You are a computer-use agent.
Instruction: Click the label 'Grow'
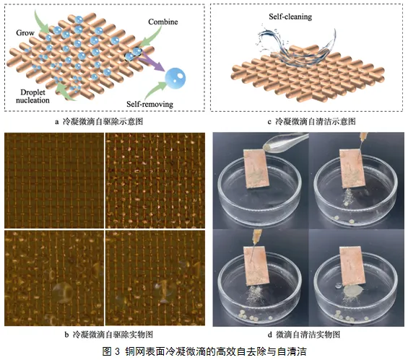point(25,32)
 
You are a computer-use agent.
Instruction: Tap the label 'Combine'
point(163,22)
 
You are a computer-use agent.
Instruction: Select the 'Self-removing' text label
point(150,104)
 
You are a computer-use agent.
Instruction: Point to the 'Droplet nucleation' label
point(32,96)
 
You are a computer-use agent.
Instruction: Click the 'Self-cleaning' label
point(290,17)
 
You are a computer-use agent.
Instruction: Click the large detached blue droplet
point(175,78)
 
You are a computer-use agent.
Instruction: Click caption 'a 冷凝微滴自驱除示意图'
point(99,121)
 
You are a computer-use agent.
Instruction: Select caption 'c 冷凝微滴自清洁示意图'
point(311,121)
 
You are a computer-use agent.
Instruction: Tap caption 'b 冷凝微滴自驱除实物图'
point(108,335)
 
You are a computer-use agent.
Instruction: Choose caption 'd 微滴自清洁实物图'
point(304,335)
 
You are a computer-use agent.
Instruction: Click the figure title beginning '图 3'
point(204,351)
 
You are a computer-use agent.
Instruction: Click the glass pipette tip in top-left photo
point(268,147)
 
